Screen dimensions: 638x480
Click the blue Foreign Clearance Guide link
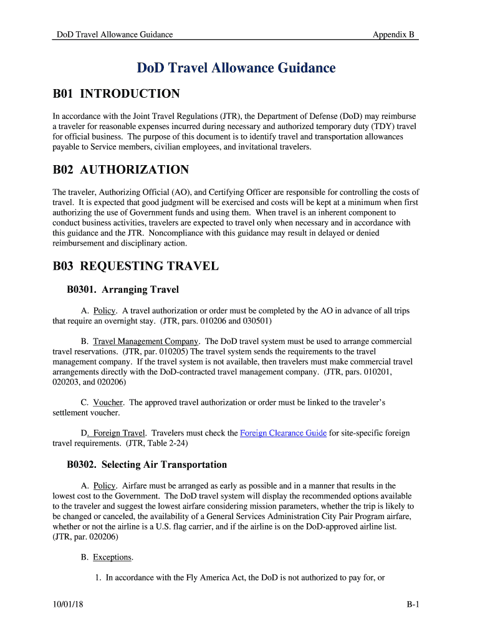pos(283,432)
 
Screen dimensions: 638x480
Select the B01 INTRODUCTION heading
pos(116,94)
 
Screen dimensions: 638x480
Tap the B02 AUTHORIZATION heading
pos(120,170)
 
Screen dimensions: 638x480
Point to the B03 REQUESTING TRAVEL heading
pos(135,267)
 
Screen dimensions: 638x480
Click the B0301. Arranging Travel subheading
pos(123,289)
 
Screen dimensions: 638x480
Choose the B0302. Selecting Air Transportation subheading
pos(146,465)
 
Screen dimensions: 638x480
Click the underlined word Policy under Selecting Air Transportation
pos(104,485)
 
